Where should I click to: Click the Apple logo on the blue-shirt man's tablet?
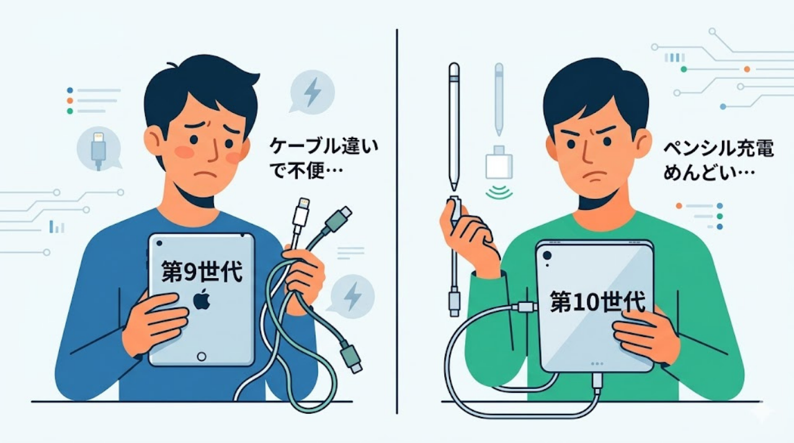(x=202, y=300)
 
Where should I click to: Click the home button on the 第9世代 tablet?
(x=201, y=356)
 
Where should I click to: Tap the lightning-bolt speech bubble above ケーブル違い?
(x=312, y=92)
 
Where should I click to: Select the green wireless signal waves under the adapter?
(x=499, y=192)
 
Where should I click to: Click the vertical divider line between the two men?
(x=397, y=217)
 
